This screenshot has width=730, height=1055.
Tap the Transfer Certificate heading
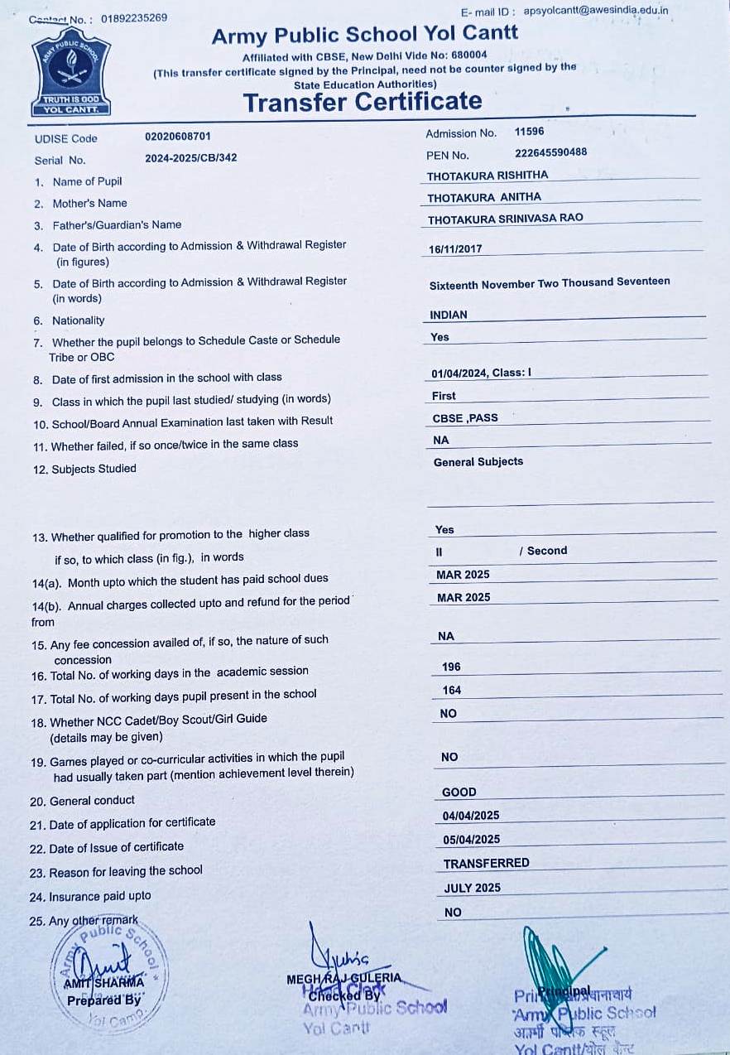click(363, 102)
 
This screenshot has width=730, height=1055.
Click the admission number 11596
click(529, 132)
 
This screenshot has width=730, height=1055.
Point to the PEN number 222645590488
click(550, 152)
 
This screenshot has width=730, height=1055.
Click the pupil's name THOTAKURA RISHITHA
click(487, 176)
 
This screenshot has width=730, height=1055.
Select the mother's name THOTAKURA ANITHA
click(484, 197)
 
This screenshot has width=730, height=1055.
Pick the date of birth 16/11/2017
click(455, 248)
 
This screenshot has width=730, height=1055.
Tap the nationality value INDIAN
click(449, 315)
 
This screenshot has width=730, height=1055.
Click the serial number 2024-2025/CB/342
click(190, 157)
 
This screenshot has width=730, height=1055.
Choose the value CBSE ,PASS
click(465, 418)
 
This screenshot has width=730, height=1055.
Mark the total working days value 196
click(451, 667)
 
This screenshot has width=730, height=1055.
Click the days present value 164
click(452, 690)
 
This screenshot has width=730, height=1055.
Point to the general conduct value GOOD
click(459, 792)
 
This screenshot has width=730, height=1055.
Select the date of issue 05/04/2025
click(472, 839)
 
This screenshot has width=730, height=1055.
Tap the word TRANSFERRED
click(486, 863)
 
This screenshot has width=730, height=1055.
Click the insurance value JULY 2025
click(473, 888)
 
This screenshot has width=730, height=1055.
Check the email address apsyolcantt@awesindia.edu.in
click(596, 11)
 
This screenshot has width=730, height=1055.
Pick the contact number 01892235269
click(134, 18)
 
